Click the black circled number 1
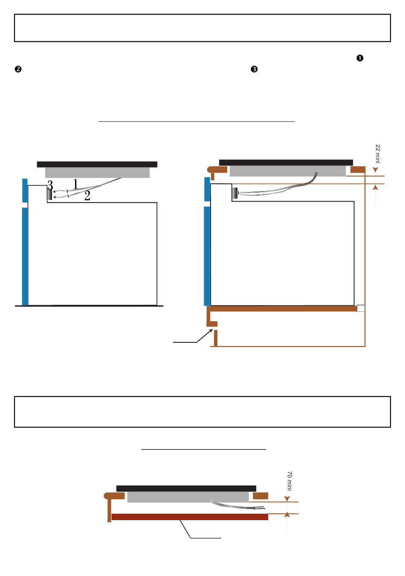(360, 58)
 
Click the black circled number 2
(18, 69)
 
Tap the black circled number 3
(254, 69)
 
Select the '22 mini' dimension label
(377, 154)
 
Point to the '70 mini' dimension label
(289, 481)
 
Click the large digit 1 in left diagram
(75, 184)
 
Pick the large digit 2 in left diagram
(87, 196)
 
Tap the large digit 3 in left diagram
(50, 185)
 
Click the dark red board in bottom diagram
(190, 517)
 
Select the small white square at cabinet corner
(361, 308)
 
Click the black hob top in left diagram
(97, 164)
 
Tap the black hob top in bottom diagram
(186, 488)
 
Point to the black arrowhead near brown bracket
(211, 330)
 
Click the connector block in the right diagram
(235, 193)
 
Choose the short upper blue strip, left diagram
(25, 191)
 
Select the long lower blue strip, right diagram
(207, 256)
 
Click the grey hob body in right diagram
(288, 171)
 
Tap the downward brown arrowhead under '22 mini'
(376, 169)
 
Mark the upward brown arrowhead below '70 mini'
(287, 514)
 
